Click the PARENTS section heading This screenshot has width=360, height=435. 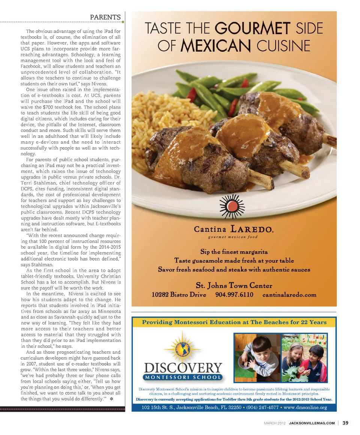coord(105,17)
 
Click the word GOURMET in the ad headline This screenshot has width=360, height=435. coord(252,29)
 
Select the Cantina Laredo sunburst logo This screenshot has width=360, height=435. coord(232,207)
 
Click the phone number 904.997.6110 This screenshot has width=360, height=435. coord(234,294)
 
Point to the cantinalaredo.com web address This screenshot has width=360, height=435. coord(289,294)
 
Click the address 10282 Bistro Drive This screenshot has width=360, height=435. coord(179,294)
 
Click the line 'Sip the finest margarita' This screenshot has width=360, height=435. coord(234,252)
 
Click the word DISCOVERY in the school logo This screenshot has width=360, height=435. coord(183,367)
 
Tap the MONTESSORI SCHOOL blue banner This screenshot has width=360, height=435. coord(183,377)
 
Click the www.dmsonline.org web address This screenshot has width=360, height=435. coord(305,407)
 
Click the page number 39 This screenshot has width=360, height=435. coord(345,423)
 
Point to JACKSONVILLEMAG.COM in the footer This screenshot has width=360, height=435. coord(312,423)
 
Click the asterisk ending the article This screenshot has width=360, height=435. coord(111,399)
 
